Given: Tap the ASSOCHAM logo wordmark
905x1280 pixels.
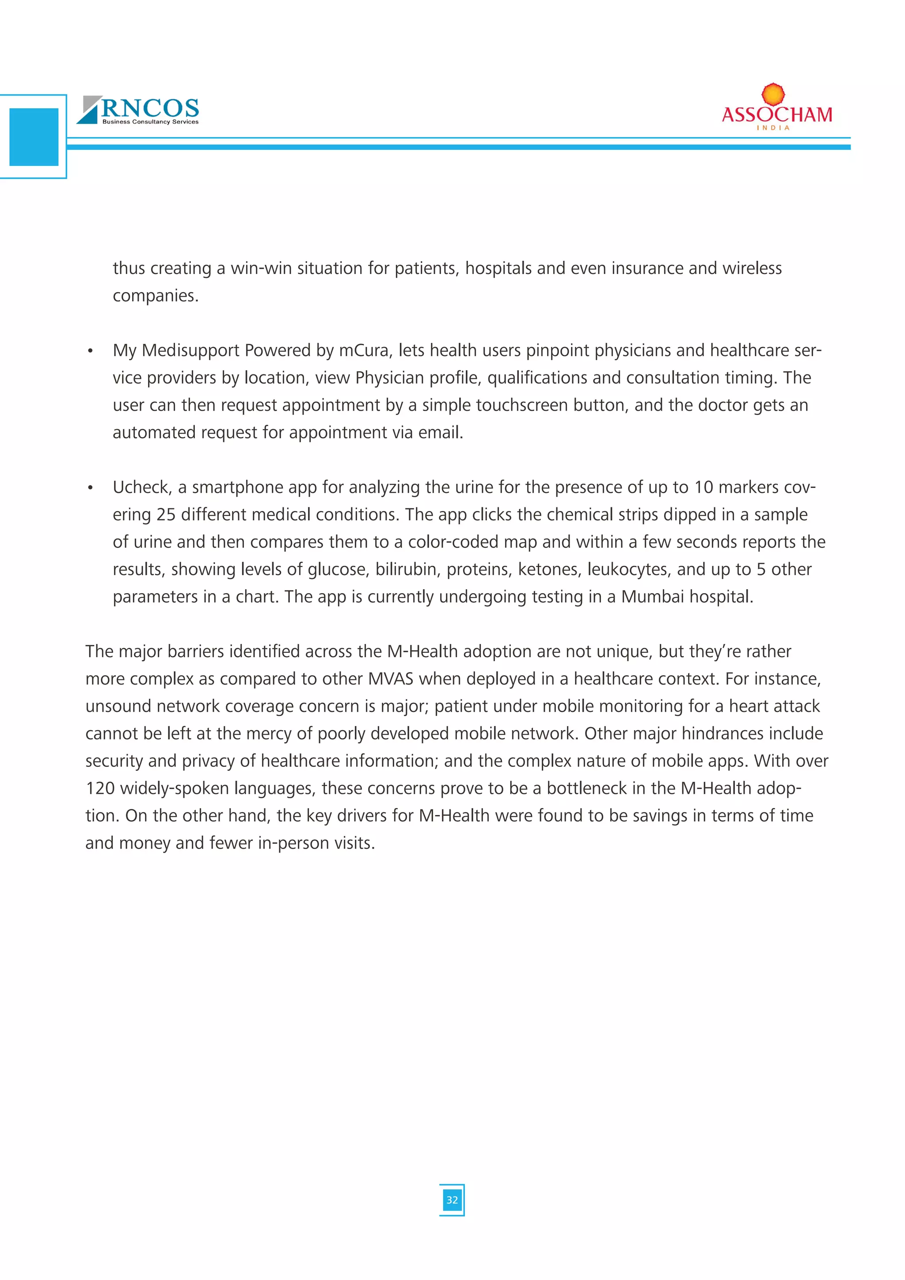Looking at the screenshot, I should pyautogui.click(x=777, y=115).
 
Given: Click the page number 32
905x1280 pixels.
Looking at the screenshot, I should pyautogui.click(x=452, y=1200).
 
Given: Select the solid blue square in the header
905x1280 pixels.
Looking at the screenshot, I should pyautogui.click(x=34, y=137).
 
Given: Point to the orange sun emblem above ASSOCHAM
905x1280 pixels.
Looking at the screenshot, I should pyautogui.click(x=773, y=94).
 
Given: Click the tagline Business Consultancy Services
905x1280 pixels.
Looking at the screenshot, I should pyautogui.click(x=150, y=122).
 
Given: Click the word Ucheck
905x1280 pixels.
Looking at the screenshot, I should pyautogui.click(x=142, y=487).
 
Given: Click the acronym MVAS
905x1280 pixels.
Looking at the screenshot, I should pyautogui.click(x=391, y=678).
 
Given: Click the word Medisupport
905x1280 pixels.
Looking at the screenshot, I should pyautogui.click(x=190, y=350).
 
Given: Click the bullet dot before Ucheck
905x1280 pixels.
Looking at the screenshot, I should pyautogui.click(x=90, y=488).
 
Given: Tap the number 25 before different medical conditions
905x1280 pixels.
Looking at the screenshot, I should pyautogui.click(x=166, y=514).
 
